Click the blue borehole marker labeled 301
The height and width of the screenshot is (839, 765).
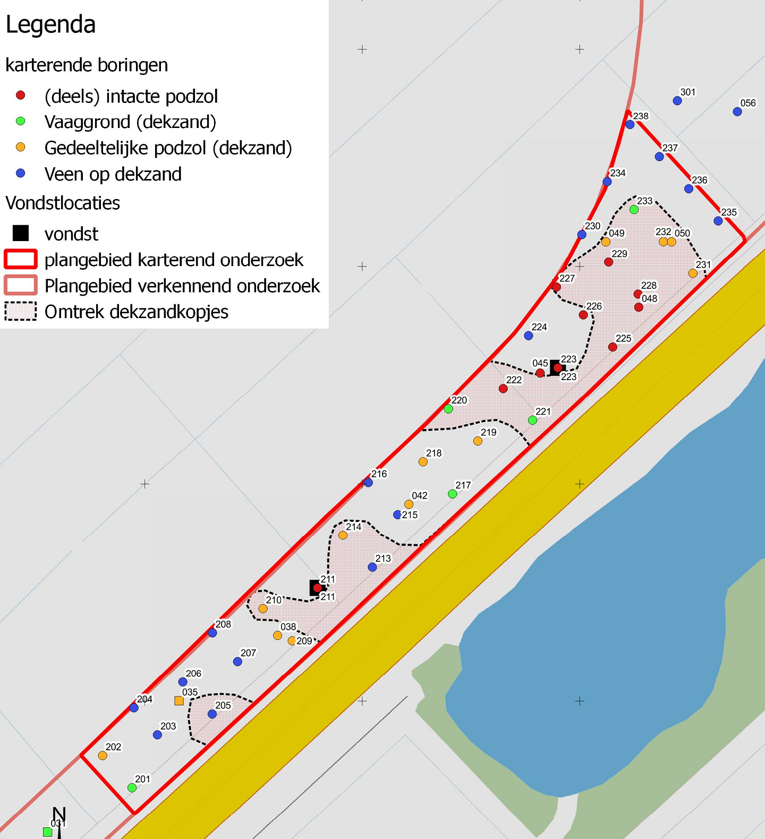(677, 101)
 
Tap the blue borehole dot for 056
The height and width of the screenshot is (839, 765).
(737, 112)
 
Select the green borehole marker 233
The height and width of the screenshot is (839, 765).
(634, 210)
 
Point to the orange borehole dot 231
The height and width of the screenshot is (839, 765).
(693, 273)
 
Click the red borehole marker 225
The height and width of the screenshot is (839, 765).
(613, 347)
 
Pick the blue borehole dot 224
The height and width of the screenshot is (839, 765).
(529, 336)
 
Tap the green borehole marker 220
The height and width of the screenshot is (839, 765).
(448, 409)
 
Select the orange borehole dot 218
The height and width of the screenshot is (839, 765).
(423, 462)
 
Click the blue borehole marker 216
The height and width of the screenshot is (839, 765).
(368, 483)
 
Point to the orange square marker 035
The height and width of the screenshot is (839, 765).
(179, 701)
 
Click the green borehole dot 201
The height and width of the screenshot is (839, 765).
(132, 788)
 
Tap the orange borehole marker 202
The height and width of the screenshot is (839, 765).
(103, 756)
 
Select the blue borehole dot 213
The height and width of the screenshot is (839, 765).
(372, 567)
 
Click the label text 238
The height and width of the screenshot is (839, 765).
(641, 116)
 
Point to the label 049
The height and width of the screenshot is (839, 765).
(617, 233)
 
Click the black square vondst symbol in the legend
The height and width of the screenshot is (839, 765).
(21, 233)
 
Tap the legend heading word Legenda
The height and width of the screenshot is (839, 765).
(50, 25)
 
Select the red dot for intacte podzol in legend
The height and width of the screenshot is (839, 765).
(21, 96)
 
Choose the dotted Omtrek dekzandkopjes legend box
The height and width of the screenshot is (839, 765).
(21, 311)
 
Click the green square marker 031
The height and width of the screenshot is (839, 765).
(48, 832)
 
